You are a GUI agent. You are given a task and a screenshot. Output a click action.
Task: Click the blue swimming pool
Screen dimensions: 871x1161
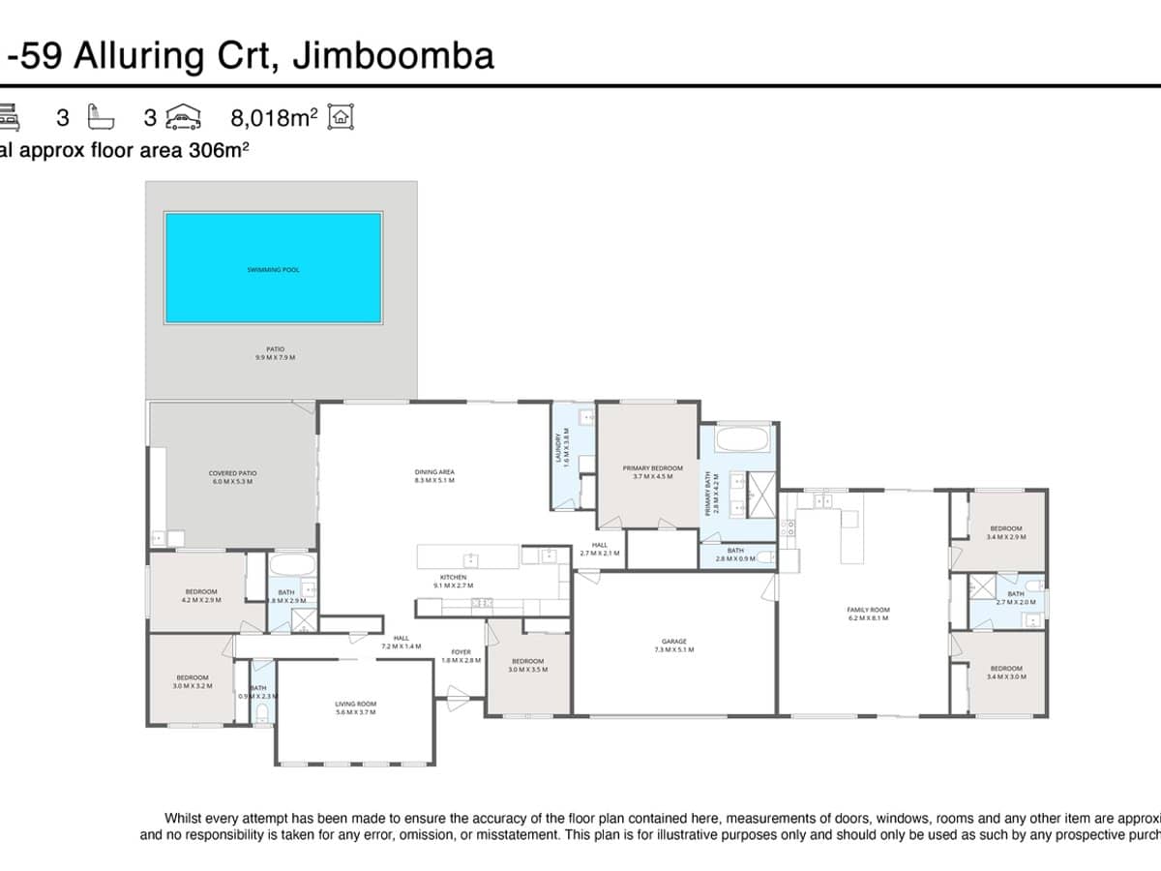[x=273, y=268]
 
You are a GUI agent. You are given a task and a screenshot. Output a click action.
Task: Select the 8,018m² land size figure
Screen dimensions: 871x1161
[x=274, y=118]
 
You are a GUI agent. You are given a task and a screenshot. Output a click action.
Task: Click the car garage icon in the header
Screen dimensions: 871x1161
[x=184, y=117]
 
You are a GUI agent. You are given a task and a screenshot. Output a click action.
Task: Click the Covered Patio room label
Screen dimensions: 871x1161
[x=232, y=477]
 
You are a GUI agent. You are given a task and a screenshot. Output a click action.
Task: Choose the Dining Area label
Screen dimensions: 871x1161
[x=434, y=475]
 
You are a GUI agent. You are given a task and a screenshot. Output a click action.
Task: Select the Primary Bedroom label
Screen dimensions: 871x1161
[x=652, y=471]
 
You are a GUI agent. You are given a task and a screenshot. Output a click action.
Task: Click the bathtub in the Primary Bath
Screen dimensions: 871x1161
[x=744, y=440]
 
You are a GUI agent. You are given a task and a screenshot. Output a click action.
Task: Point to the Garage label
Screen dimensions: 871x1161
[x=674, y=645]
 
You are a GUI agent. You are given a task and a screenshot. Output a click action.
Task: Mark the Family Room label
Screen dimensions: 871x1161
[x=868, y=614]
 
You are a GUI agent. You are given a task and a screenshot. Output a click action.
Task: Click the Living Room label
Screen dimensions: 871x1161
[x=355, y=707]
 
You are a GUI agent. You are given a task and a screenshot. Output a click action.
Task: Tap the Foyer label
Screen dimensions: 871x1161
[x=461, y=655]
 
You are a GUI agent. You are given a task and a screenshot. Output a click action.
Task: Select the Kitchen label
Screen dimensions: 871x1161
[x=453, y=581]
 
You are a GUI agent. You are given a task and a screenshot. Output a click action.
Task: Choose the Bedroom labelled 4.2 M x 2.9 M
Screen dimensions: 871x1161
[x=201, y=595]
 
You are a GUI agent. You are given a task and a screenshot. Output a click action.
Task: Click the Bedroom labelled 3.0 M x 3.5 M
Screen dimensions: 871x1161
[x=527, y=665]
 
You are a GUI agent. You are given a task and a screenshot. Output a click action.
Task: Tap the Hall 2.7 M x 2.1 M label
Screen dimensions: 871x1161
[x=599, y=549]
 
